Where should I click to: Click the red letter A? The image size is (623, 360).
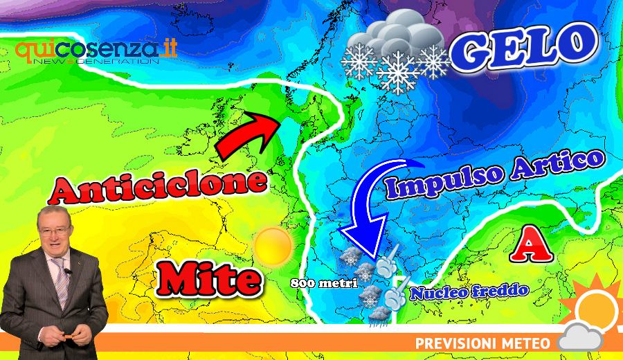coord(527,245)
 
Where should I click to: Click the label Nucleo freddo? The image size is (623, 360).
coord(469,290)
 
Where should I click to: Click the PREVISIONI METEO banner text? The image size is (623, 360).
coord(482,343)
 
